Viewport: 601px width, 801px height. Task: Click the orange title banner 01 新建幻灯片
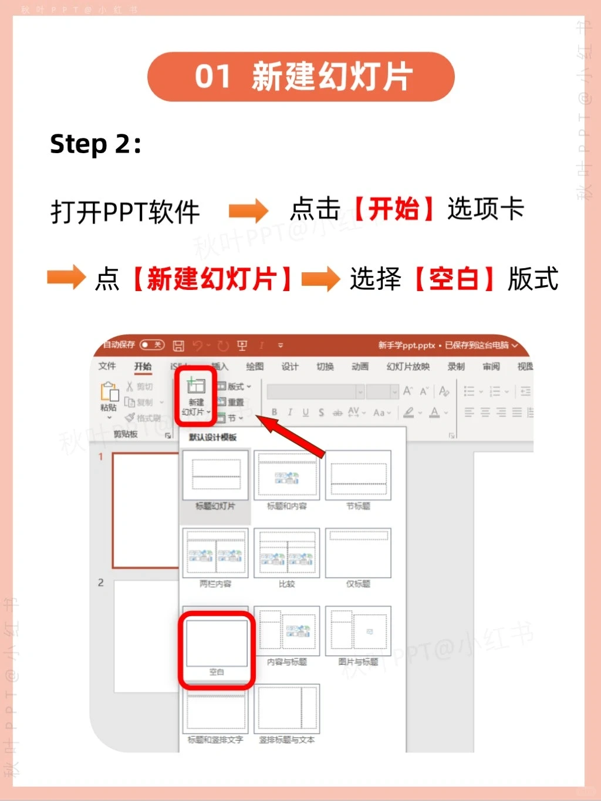(x=300, y=77)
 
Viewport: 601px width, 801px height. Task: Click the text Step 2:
(x=95, y=144)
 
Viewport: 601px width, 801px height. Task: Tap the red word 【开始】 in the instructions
(x=394, y=209)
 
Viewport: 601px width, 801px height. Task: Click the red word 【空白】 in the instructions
(x=454, y=279)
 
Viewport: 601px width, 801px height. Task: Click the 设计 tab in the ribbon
(x=290, y=367)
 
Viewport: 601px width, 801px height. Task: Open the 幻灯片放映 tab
(x=408, y=367)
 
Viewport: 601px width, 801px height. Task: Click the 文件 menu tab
(x=107, y=366)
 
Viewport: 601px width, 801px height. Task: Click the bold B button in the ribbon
(x=274, y=413)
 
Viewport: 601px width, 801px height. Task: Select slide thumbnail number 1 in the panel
(x=145, y=510)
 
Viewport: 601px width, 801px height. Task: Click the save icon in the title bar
(x=179, y=346)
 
